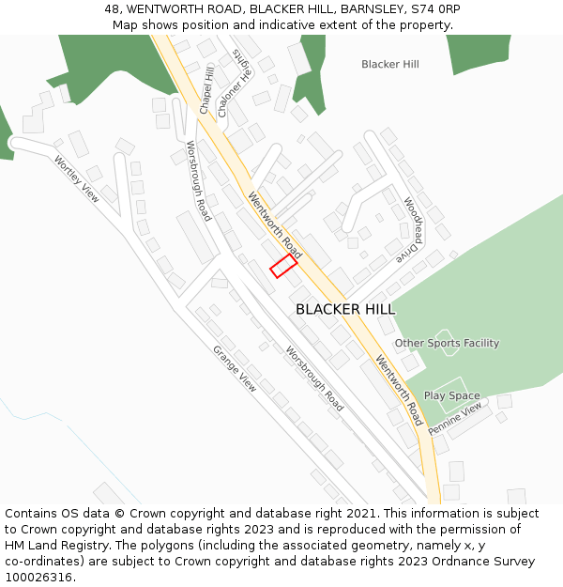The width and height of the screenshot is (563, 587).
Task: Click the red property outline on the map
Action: pos(283,266)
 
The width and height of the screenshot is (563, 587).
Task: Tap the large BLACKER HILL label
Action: pos(345,309)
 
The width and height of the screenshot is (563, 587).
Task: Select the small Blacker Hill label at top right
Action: pos(390,64)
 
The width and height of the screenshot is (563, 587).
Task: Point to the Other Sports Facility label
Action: pos(447,343)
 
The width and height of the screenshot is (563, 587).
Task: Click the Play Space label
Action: pos(451,395)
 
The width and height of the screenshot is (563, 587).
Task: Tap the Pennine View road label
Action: pos(455,419)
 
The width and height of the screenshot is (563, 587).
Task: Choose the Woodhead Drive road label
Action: pos(410,228)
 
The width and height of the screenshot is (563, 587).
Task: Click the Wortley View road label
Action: pos(76,178)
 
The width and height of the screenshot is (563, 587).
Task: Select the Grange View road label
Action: pos(234,368)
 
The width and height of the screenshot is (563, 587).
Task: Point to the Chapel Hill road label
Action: pos(206,90)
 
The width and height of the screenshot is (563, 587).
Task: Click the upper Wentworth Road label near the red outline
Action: pos(275,226)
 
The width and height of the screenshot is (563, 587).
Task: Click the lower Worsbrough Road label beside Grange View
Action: pos(314,379)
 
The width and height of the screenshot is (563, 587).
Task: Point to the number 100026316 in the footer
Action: pos(38,578)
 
